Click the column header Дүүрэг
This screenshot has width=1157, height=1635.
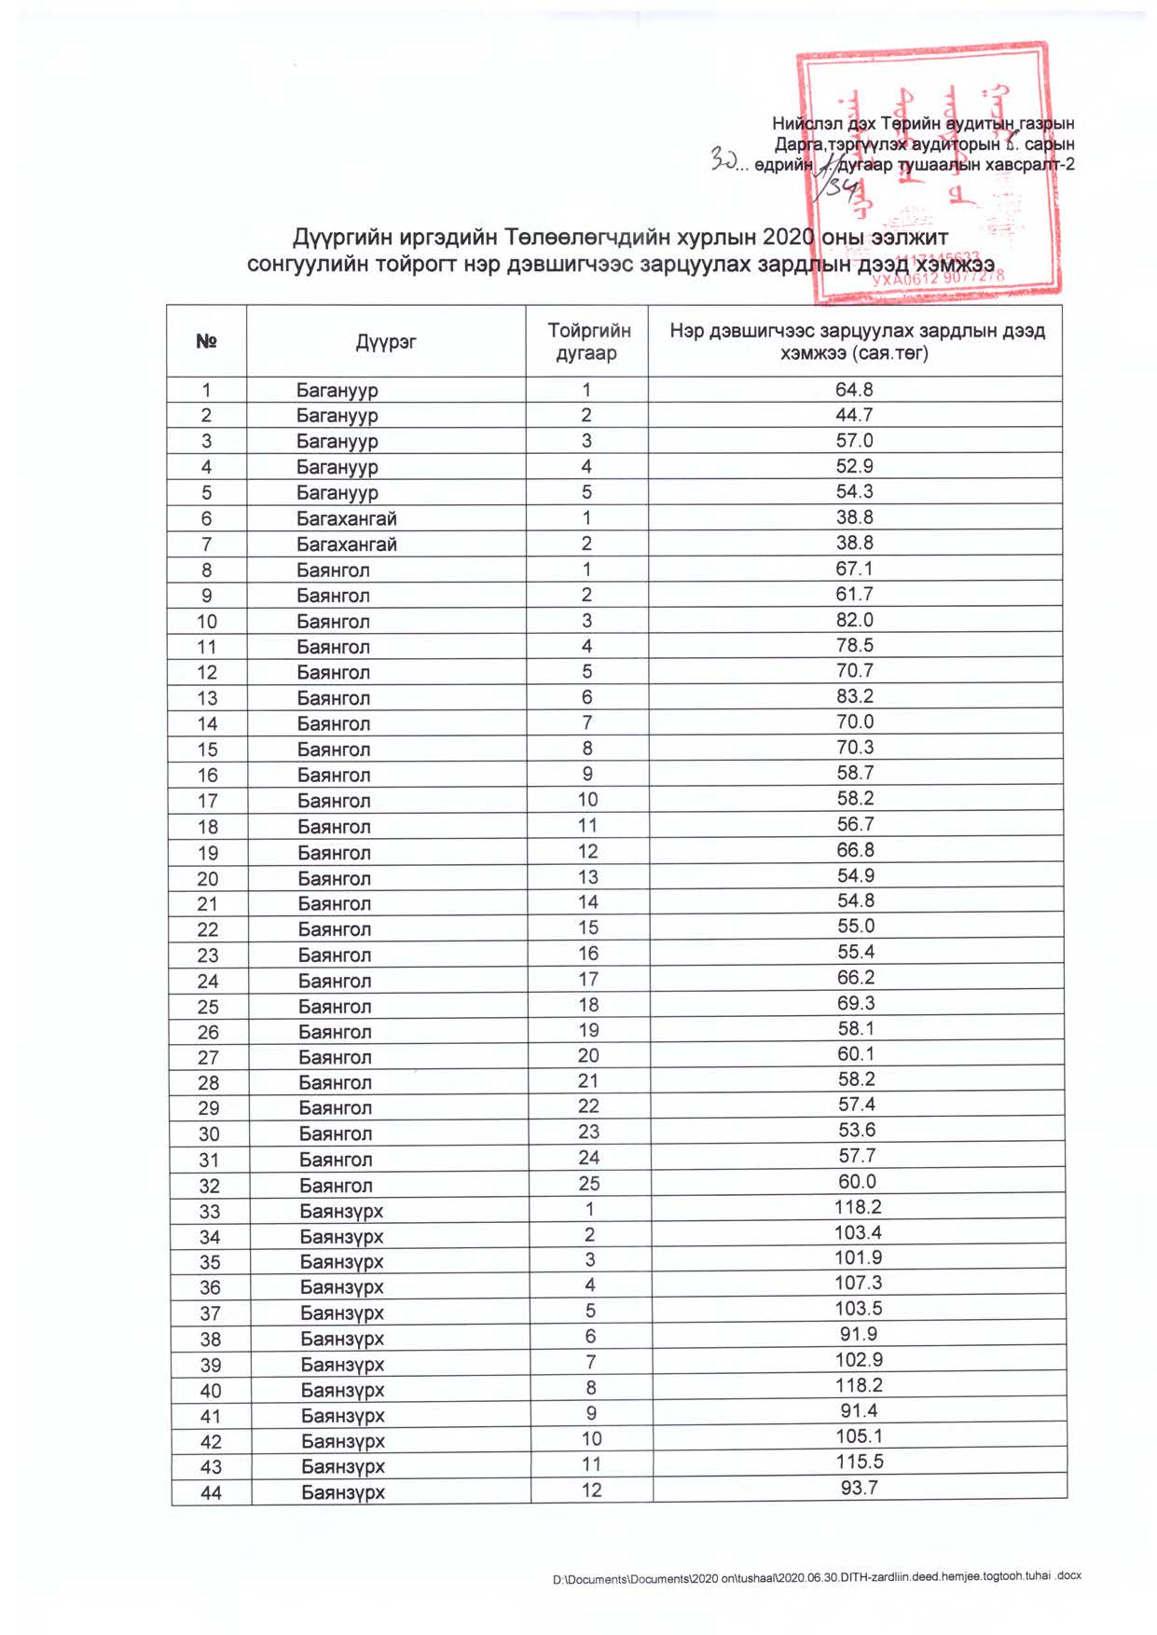point(386,342)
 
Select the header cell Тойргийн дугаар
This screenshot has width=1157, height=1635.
point(587,342)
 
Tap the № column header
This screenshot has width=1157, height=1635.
point(206,342)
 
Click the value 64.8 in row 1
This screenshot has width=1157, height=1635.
point(854,390)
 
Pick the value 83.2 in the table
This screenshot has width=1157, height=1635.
point(854,696)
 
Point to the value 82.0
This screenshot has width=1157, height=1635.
point(854,620)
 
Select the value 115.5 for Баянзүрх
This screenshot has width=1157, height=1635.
point(859,1463)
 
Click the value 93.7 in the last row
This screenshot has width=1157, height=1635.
point(859,1488)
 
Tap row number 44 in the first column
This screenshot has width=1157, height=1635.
point(211,1492)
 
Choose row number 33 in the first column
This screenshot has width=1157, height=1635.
point(210,1211)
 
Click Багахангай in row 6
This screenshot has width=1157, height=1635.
point(347,518)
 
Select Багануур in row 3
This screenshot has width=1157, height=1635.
point(337,441)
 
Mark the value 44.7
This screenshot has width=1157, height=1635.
point(854,415)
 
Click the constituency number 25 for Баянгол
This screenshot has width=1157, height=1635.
point(589,1184)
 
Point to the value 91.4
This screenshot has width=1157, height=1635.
point(859,1411)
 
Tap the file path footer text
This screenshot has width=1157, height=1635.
point(817,1576)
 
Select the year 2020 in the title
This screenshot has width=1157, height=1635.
point(789,238)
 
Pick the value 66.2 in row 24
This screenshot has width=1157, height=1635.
point(856,978)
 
